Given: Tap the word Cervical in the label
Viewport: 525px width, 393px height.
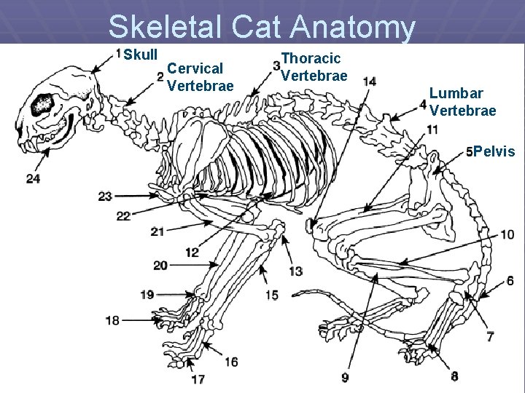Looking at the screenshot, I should click(x=195, y=68).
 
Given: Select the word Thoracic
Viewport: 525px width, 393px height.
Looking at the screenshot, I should click(x=311, y=58).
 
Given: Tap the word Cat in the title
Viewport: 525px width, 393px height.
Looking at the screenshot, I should click(x=259, y=28).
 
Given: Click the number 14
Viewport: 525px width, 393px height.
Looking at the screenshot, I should click(x=369, y=81).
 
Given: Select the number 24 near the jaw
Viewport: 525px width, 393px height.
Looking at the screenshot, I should click(x=33, y=178).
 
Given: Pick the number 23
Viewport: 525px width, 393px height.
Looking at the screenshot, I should click(x=105, y=196).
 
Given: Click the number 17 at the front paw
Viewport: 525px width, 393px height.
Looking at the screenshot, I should click(x=197, y=378).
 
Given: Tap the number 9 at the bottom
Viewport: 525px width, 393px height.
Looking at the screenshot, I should click(x=344, y=377).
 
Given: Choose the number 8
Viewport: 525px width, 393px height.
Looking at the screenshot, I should click(x=454, y=376).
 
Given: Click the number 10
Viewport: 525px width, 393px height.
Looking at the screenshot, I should click(x=507, y=234).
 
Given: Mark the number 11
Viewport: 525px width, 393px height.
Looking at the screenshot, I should click(x=432, y=130).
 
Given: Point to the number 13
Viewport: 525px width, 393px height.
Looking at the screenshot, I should click(x=295, y=271).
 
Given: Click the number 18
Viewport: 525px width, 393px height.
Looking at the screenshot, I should click(x=112, y=320).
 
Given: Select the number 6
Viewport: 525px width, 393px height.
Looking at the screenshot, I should click(x=510, y=281).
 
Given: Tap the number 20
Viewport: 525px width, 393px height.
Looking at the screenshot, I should click(x=160, y=265).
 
